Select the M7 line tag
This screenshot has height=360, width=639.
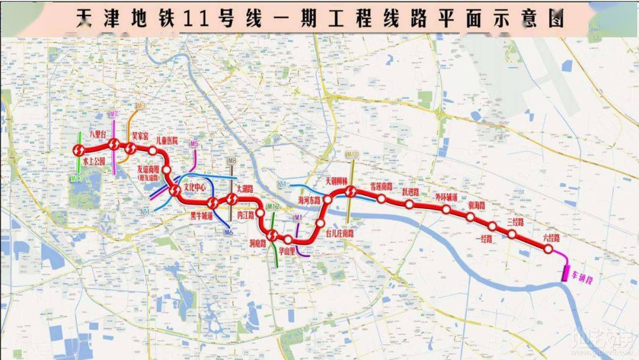[x=114, y=113]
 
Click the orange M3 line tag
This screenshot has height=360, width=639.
[x=140, y=106]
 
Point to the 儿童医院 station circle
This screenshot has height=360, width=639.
[x=153, y=150]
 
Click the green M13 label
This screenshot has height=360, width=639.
[x=77, y=177]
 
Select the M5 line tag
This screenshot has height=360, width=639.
[x=194, y=144]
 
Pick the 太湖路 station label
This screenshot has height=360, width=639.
[x=244, y=188]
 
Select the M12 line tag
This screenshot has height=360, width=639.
[x=273, y=207]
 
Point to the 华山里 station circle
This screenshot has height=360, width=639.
[x=288, y=239]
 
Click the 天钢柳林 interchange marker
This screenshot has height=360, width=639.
[x=351, y=191]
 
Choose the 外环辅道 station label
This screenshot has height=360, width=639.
[x=446, y=197]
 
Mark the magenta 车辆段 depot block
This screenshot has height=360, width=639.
[x=566, y=273]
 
